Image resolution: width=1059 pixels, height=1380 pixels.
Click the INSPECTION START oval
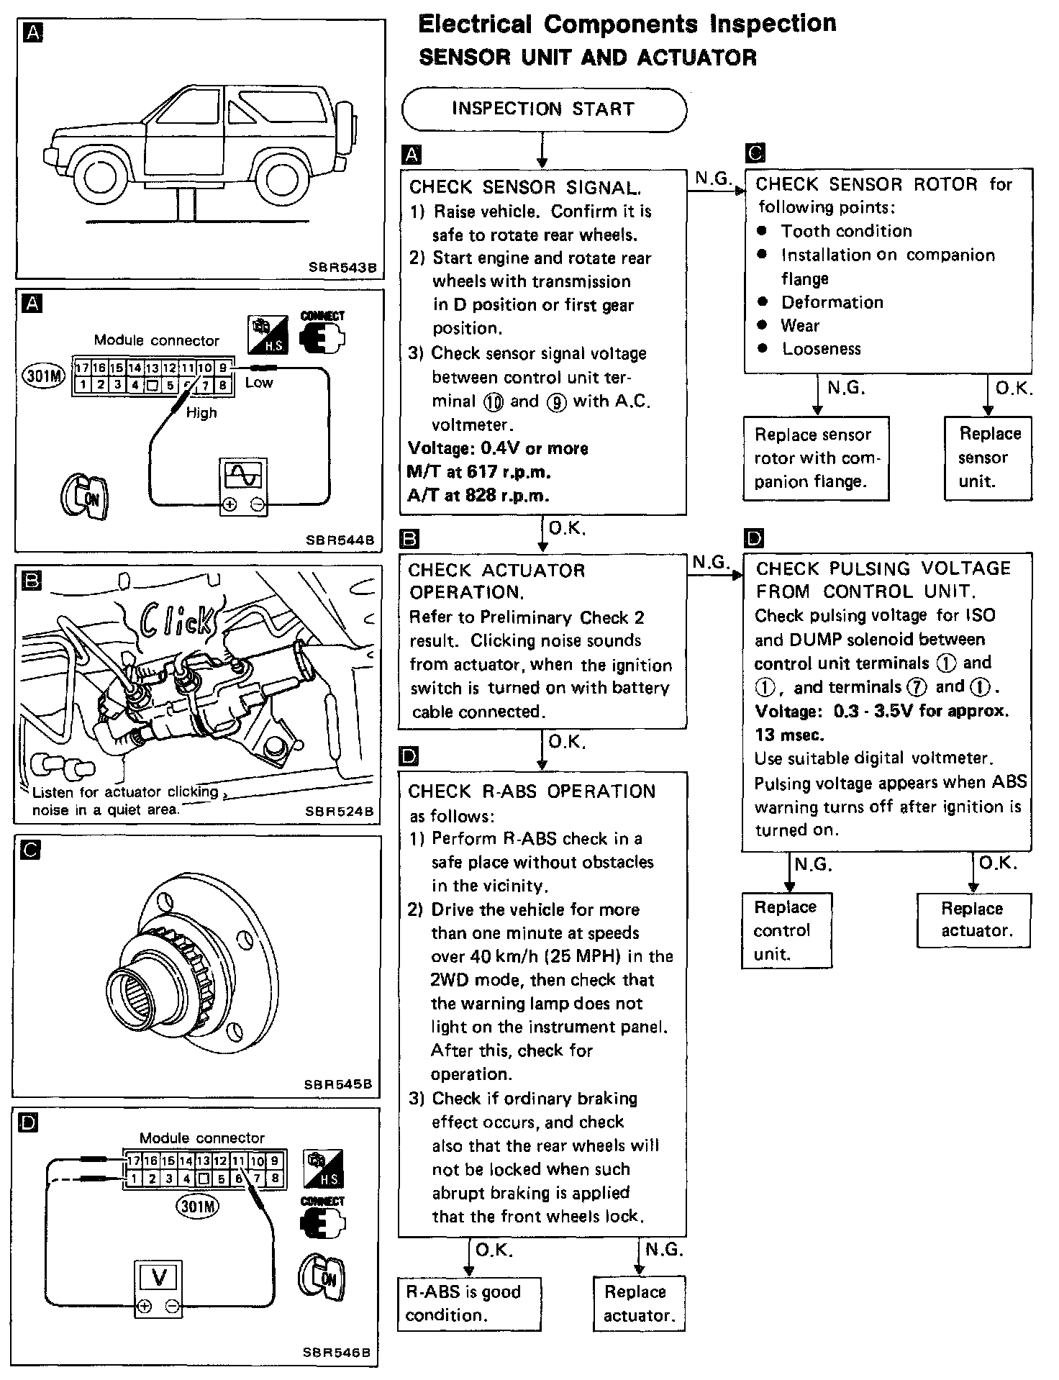[x=544, y=109]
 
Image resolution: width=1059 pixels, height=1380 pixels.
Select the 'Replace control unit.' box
[x=787, y=930]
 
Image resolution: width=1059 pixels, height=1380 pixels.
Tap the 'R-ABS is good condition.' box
[x=469, y=1303]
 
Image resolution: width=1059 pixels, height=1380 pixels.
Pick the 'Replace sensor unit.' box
[x=988, y=458]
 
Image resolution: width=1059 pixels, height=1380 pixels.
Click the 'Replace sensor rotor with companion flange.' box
[x=816, y=458]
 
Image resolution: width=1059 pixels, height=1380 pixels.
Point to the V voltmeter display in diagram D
[x=159, y=1278]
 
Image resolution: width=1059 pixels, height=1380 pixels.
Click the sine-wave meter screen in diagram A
[x=243, y=476]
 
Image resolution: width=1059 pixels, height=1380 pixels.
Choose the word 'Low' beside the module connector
[x=259, y=383]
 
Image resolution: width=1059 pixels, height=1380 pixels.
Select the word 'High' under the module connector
[x=201, y=413]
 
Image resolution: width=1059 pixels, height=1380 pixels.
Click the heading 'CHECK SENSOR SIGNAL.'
[x=524, y=188]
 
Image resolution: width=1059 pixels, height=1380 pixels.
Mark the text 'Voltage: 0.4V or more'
[x=498, y=448]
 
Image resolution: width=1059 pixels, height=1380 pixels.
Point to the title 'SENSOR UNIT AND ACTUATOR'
[x=588, y=58]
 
